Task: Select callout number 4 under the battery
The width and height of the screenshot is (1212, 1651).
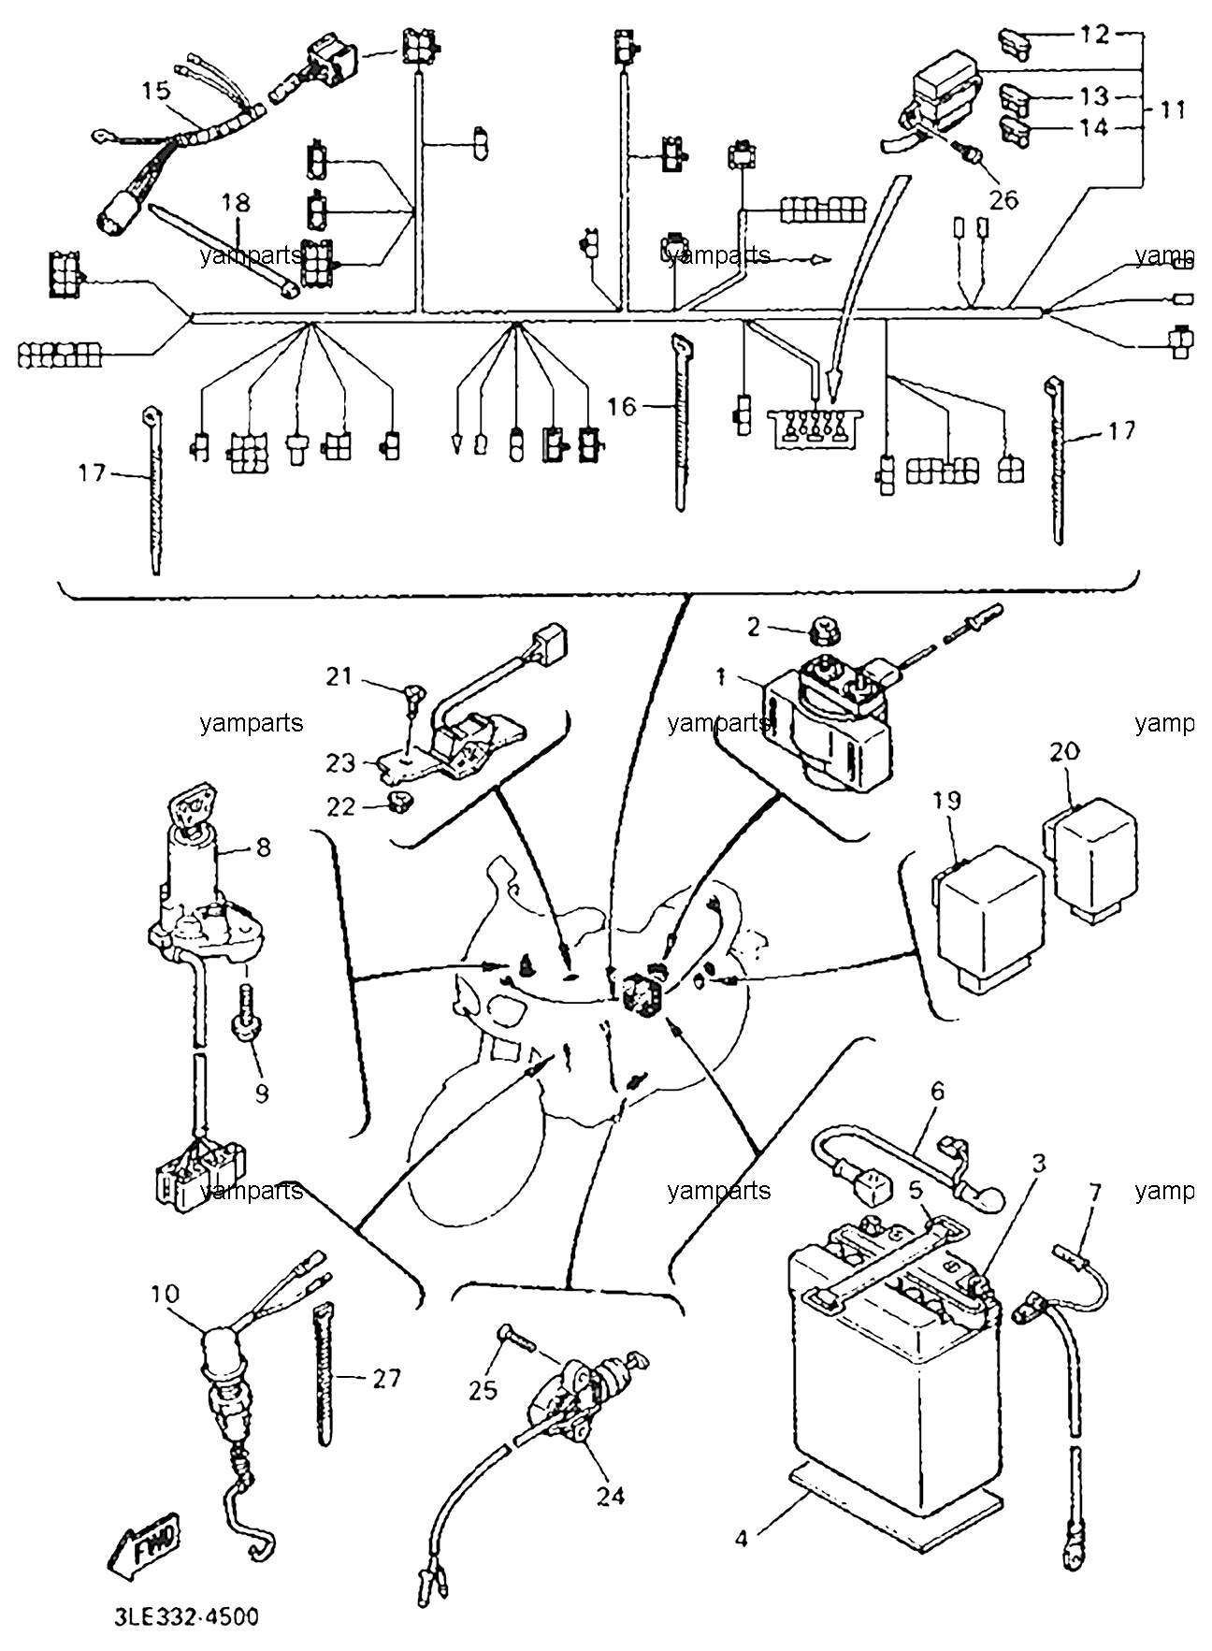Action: click(x=742, y=1538)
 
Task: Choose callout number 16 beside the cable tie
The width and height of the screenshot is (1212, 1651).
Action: click(x=622, y=406)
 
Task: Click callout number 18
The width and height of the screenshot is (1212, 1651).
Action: click(x=237, y=202)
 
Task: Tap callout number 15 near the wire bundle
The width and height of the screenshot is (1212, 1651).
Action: click(x=157, y=91)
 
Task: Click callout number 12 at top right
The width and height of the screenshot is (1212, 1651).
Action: click(x=1094, y=35)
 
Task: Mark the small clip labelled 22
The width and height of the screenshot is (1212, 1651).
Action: click(x=399, y=799)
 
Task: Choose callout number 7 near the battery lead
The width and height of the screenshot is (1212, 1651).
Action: click(x=1094, y=1193)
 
